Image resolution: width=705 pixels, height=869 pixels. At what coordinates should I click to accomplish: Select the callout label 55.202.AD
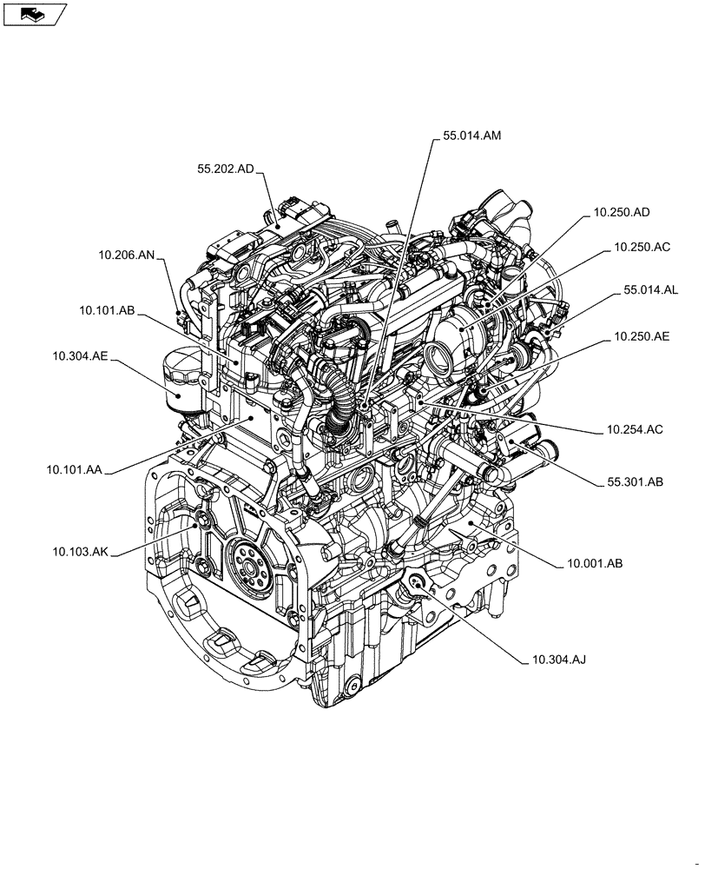tap(224, 170)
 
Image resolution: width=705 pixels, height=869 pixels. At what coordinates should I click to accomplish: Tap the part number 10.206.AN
tap(126, 255)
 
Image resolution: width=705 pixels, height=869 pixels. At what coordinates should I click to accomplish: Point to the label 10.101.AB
tap(106, 309)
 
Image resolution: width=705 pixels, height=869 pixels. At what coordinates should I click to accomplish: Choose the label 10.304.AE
tap(80, 355)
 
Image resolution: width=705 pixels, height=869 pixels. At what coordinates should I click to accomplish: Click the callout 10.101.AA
tap(75, 469)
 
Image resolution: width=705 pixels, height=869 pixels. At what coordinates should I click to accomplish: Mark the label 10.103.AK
tap(80, 551)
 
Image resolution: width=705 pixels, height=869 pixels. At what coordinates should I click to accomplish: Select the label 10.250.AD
tap(622, 212)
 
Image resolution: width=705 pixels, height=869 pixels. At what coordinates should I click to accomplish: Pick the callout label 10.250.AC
tap(642, 248)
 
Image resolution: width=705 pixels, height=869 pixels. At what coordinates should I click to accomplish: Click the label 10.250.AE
tap(641, 335)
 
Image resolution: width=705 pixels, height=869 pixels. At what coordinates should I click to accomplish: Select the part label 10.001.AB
tap(595, 563)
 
